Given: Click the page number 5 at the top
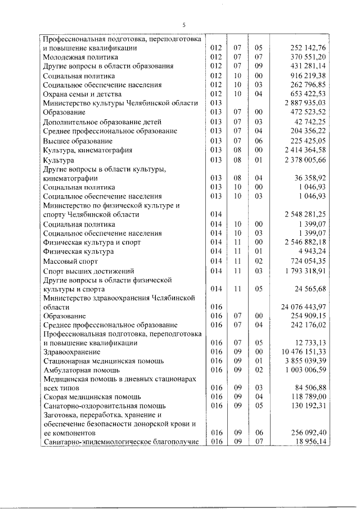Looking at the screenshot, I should pos(183,25).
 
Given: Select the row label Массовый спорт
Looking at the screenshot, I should pos(71,262).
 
